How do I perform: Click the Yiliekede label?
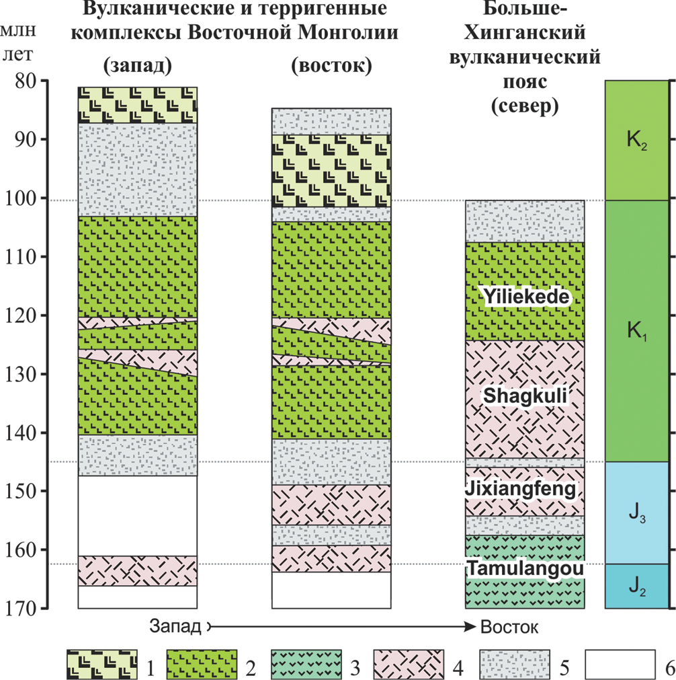[525, 297]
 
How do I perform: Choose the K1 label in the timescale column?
[638, 331]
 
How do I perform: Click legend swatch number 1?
[101, 664]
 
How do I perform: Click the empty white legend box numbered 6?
[619, 664]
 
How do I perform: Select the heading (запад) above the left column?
[138, 67]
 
